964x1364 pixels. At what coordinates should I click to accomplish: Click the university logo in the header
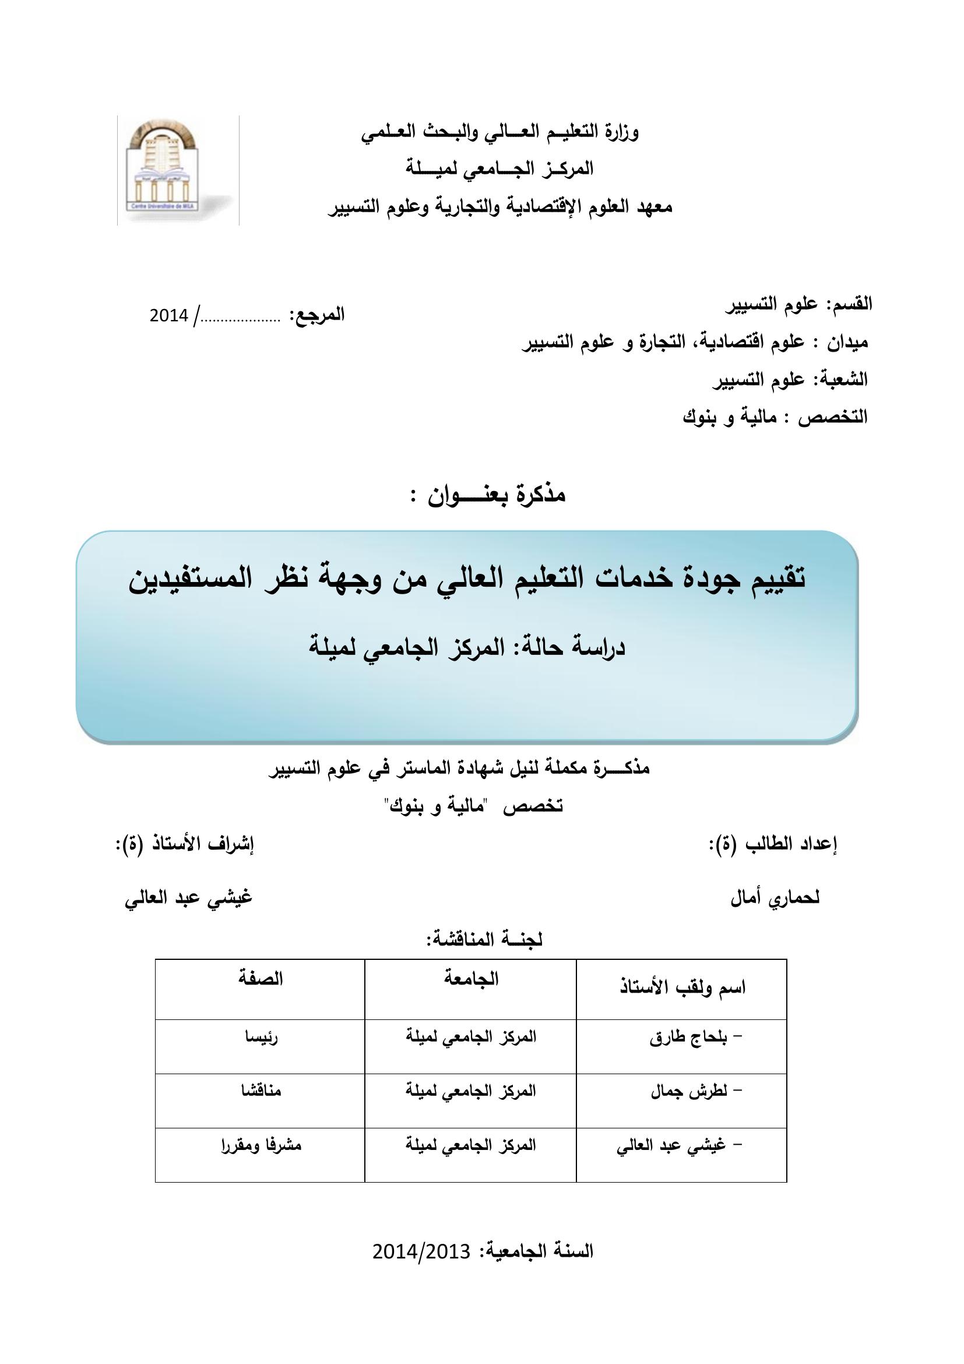point(178,170)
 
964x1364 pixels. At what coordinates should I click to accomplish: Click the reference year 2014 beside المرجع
point(168,316)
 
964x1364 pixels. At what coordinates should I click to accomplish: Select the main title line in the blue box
point(468,578)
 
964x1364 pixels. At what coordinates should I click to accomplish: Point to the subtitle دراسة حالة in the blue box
point(467,647)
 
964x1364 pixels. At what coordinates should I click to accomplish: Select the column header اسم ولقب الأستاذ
point(682,988)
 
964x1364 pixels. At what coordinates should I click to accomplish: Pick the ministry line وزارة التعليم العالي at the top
point(500,132)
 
